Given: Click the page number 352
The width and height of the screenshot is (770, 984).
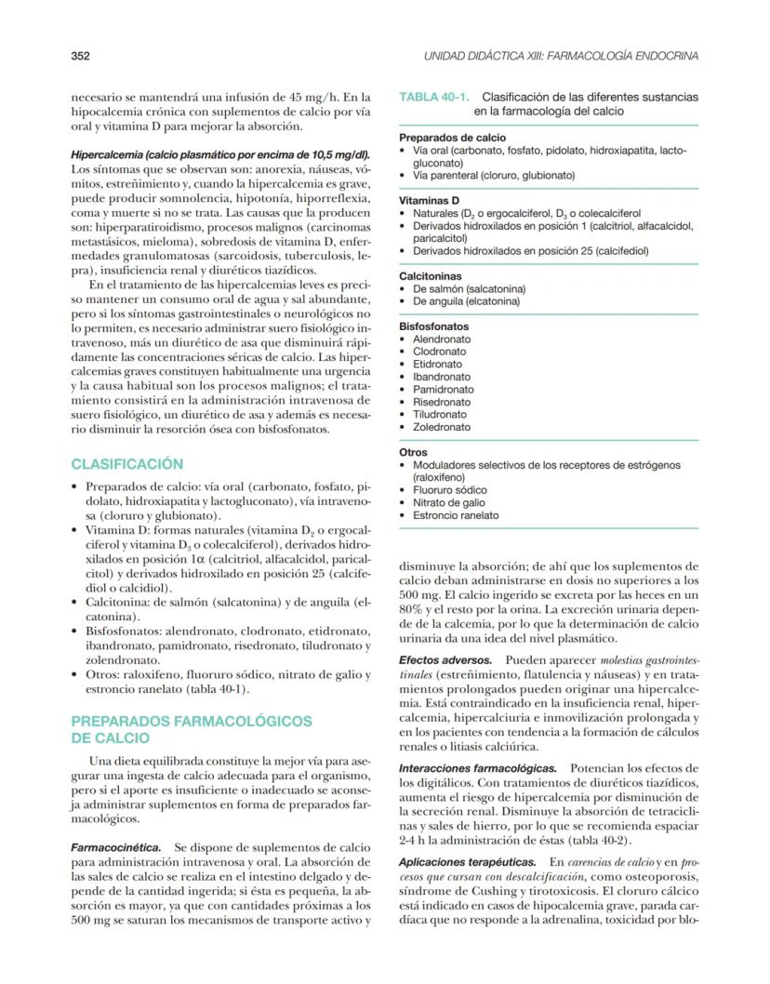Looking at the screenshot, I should point(80,56).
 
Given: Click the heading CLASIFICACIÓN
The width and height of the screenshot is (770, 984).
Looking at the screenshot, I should point(127,464).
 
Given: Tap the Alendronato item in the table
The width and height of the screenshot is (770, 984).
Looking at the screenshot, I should point(442,339).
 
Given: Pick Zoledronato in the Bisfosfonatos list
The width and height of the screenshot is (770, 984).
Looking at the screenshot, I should point(442,427).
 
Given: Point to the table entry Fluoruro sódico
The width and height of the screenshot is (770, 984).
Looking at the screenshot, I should point(450,490).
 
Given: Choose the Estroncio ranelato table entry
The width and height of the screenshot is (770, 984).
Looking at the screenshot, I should point(456,515).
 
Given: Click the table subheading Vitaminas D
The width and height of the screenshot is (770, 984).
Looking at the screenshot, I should point(429,200).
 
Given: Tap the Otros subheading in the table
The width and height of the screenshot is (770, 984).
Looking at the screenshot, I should point(414,452).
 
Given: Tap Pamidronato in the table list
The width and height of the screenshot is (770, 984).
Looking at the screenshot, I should point(444,390).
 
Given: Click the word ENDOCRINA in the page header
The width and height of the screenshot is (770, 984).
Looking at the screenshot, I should point(665,56).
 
